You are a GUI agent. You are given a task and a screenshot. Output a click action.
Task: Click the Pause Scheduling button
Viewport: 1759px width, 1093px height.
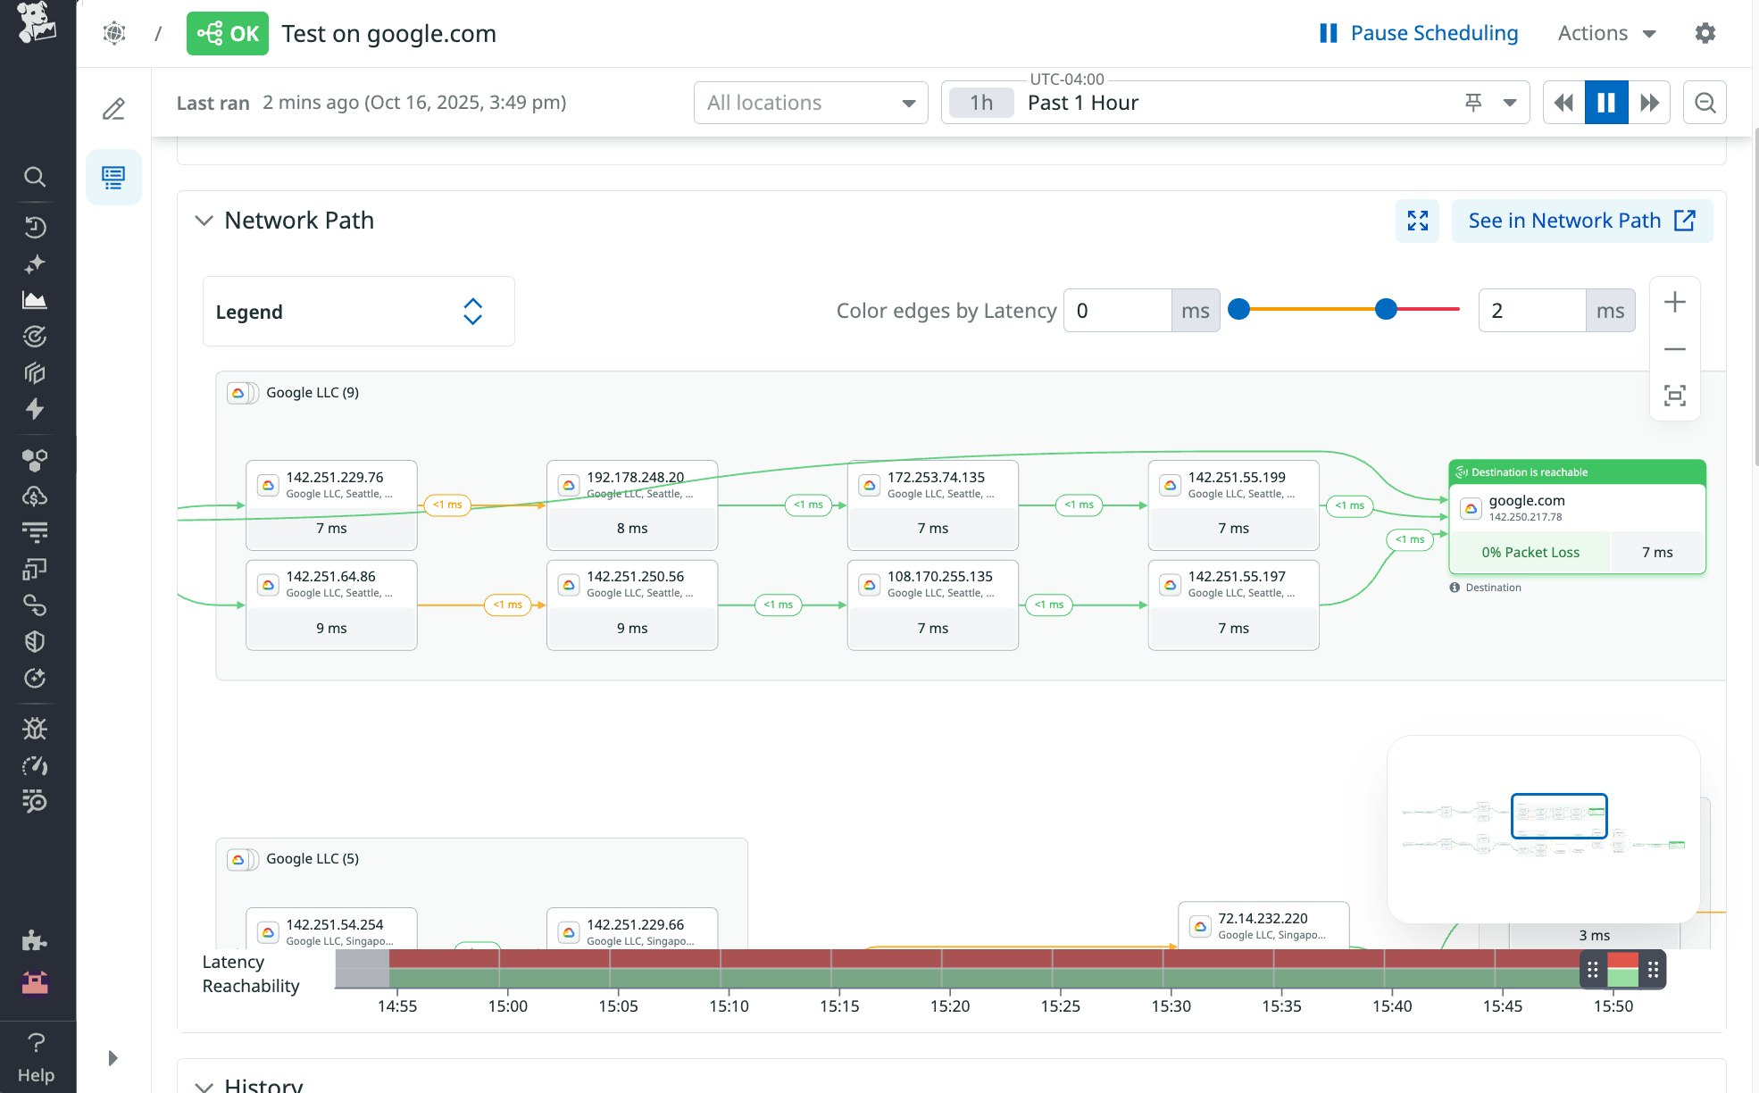(x=1419, y=33)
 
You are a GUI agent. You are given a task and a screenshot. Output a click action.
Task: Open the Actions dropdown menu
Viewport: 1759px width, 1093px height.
(x=1606, y=33)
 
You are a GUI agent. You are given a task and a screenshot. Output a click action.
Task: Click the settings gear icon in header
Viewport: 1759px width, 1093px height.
(x=1705, y=33)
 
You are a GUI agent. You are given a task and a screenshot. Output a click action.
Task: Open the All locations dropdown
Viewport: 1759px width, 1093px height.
(x=810, y=103)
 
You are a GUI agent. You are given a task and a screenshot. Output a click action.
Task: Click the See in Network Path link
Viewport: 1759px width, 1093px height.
(x=1581, y=221)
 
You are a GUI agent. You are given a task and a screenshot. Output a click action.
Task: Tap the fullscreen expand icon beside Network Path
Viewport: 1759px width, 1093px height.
(x=1417, y=221)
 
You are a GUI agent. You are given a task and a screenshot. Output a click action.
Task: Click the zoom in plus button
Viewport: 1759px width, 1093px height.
(x=1674, y=303)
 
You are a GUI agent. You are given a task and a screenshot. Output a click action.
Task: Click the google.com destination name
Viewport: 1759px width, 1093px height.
(x=1526, y=501)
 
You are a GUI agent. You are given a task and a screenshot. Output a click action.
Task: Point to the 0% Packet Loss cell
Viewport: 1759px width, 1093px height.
(x=1530, y=553)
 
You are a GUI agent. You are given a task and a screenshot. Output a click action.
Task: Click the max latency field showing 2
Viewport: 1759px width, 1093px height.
(x=1531, y=311)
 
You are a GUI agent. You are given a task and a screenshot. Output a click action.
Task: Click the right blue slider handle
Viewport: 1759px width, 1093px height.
(x=1385, y=309)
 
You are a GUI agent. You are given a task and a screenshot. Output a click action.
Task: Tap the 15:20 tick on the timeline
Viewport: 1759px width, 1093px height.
(x=949, y=1005)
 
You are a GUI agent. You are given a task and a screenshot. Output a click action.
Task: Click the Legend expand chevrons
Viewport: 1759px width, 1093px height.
(x=472, y=312)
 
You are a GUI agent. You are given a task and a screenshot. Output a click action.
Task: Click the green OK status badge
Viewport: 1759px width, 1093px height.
(x=227, y=34)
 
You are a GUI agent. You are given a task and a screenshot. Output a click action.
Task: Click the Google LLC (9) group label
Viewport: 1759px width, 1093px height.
(x=312, y=393)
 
